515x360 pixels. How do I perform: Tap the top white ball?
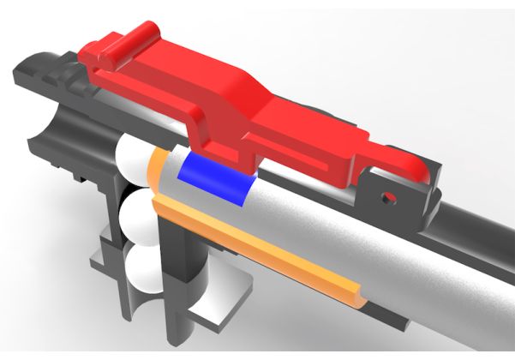pyautogui.click(x=135, y=159)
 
